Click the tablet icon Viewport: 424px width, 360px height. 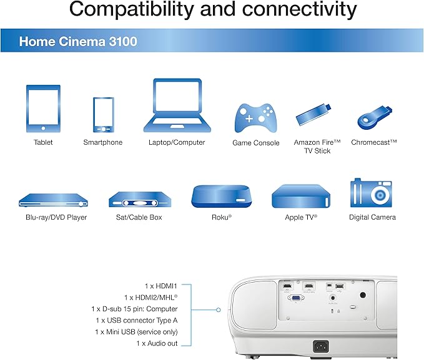coord(42,109)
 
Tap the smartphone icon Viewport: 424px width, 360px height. coord(103,114)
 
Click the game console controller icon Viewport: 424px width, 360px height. coord(251,117)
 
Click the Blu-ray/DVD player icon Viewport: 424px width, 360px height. coord(52,200)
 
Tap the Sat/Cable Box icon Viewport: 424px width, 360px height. coord(139,200)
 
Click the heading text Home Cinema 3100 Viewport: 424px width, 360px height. coord(78,42)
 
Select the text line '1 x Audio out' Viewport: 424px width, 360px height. coord(157,343)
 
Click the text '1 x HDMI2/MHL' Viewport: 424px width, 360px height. coord(150,298)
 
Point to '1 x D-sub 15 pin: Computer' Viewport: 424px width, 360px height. coord(134,309)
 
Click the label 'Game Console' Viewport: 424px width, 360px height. coord(251,143)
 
